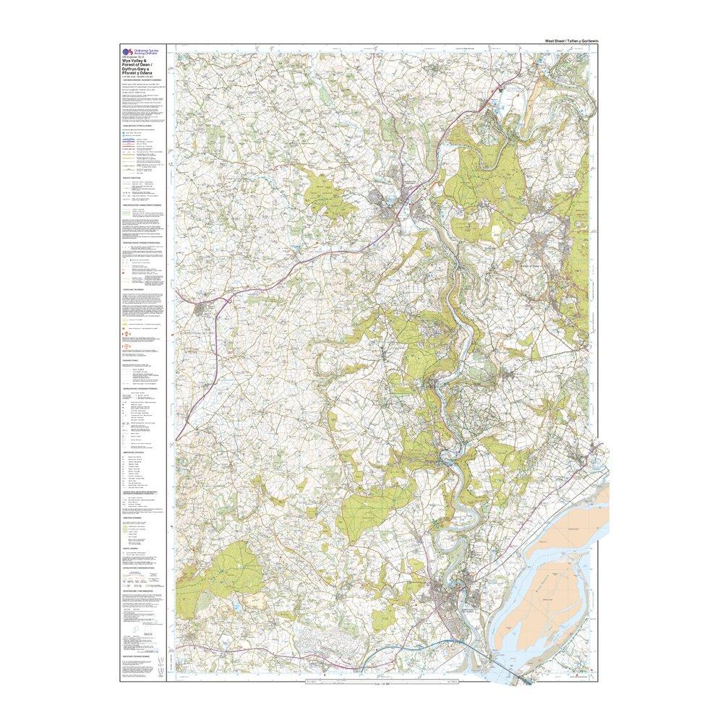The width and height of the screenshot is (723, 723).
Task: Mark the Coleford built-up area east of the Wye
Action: coord(540,241)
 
